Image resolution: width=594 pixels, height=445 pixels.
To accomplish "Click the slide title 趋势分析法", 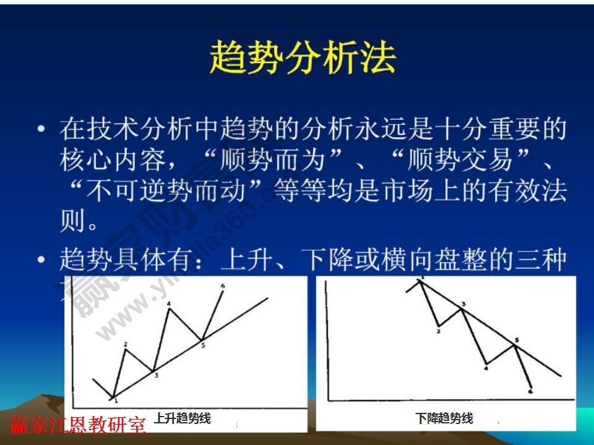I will tap(303, 59).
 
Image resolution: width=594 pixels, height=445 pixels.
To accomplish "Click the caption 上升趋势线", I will tap(183, 418).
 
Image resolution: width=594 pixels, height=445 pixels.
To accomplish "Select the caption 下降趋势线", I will tap(444, 418).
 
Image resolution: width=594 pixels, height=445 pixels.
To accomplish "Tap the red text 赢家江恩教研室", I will tap(77, 425).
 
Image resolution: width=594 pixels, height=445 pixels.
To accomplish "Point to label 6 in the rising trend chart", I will tap(222, 286).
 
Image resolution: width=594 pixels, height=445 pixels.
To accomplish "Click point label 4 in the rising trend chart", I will tap(168, 303).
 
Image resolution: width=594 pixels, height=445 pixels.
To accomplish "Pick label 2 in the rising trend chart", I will tap(126, 344).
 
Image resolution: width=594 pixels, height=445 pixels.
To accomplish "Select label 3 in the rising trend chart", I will tap(157, 375).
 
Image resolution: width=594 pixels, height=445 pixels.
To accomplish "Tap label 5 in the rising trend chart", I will tap(203, 345).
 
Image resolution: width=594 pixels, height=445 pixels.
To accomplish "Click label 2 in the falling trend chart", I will tap(438, 331).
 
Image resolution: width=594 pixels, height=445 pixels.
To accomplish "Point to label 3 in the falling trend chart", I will tap(463, 303).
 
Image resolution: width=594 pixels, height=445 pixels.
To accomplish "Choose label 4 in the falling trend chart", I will tap(486, 368).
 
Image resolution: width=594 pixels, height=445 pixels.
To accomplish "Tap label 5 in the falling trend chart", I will tap(516, 340).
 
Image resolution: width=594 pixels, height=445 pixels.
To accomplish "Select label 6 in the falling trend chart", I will tap(531, 391).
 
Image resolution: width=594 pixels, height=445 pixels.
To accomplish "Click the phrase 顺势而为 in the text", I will tap(273, 161).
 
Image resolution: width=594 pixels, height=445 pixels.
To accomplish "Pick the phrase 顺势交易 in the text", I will tap(460, 161).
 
